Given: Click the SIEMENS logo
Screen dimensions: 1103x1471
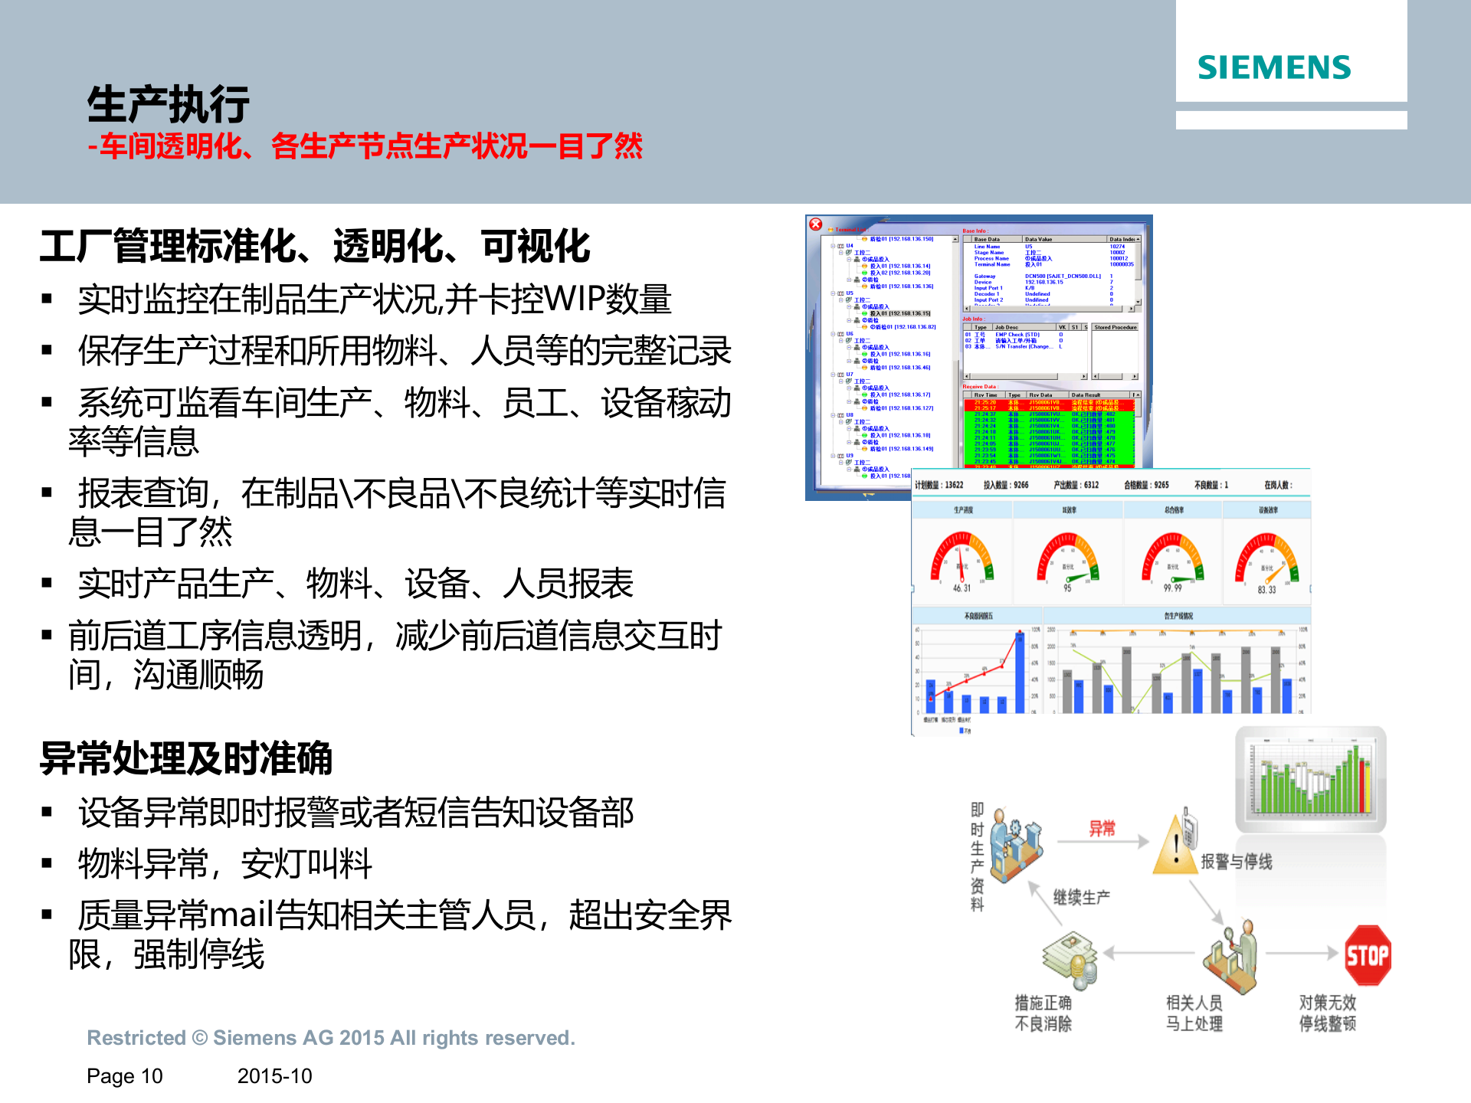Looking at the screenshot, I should click(1274, 67).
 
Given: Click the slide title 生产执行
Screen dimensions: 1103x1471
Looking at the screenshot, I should click(168, 105).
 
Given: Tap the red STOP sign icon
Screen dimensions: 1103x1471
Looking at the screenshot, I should click(1368, 954).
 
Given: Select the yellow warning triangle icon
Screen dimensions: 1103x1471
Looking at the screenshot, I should click(1174, 847).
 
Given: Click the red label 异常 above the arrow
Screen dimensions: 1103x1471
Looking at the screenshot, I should click(1102, 828).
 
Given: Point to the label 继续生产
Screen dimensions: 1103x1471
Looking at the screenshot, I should click(1081, 897).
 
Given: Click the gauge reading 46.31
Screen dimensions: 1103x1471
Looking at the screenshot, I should click(961, 588).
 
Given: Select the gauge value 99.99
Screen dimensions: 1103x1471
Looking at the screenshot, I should click(1172, 588).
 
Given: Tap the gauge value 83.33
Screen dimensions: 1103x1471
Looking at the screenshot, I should click(1266, 589).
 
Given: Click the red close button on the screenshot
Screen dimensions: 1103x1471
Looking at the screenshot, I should click(816, 224).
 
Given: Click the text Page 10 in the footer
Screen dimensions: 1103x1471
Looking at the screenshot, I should click(125, 1076).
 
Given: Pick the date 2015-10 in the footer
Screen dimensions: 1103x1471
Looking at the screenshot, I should click(274, 1076).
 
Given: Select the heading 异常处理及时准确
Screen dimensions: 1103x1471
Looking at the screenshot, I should click(186, 758).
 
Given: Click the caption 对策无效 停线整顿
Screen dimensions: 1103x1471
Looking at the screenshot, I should click(1327, 1013).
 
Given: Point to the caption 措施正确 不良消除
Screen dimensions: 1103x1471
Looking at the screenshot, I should click(1043, 1013).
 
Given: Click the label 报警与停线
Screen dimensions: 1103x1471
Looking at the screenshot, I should click(1236, 862).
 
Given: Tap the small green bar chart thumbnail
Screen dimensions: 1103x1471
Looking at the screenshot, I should click(1310, 777).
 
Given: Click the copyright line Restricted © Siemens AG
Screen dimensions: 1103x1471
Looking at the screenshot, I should click(330, 1038).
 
